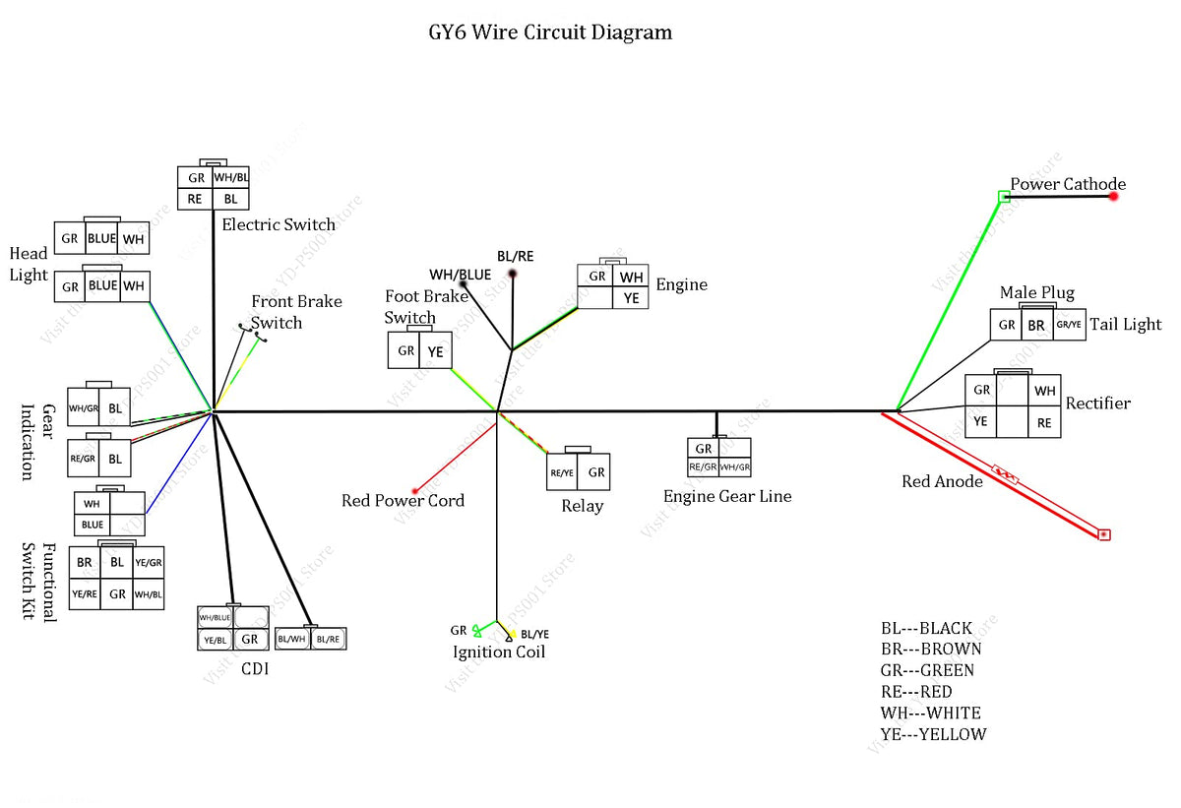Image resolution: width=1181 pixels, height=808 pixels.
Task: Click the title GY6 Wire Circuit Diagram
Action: coord(550,32)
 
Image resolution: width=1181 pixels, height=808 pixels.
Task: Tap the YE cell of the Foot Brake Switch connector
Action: coord(435,350)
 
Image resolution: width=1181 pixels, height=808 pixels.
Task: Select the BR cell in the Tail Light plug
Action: coord(1035,325)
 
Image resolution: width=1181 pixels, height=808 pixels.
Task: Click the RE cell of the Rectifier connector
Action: coord(1044,423)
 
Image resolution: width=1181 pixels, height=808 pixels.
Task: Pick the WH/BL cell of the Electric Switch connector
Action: coord(231,178)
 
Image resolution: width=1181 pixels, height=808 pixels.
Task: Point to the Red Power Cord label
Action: coord(403,501)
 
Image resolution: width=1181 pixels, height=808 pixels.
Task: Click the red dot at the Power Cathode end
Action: coord(1114,197)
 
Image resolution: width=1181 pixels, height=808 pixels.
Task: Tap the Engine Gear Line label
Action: coord(727,496)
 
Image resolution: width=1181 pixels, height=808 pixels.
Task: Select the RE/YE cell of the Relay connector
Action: coord(562,472)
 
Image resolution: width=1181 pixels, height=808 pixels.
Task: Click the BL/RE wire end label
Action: coord(516,256)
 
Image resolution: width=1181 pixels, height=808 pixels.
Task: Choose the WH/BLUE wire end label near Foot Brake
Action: coord(460,274)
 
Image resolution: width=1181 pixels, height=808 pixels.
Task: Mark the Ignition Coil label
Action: coord(499,652)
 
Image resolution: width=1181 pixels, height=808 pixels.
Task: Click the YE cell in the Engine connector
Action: coord(631,297)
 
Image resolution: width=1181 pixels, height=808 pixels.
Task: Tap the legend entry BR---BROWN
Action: coord(931,650)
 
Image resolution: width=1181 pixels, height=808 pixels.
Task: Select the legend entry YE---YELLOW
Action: coord(933,734)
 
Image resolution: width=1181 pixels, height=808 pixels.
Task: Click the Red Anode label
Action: coord(942,481)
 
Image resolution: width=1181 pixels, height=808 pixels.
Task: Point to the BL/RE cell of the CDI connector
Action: coord(329,639)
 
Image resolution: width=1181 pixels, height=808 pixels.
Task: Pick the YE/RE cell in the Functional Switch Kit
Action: coord(84,593)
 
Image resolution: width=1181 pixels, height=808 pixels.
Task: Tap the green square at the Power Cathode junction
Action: coord(1004,197)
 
